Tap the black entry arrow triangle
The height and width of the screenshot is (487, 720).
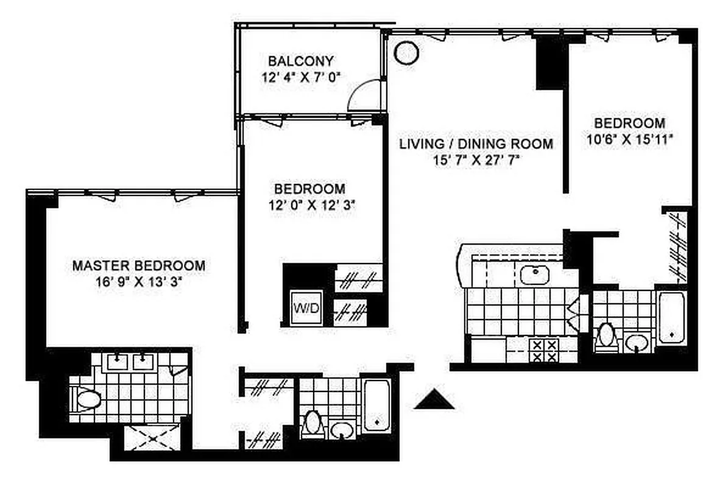pyautogui.click(x=434, y=400)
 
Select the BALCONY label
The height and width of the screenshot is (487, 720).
pyautogui.click(x=301, y=61)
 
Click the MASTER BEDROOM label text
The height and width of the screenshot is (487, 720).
pyautogui.click(x=139, y=266)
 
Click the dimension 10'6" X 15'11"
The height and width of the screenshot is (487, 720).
pyautogui.click(x=629, y=138)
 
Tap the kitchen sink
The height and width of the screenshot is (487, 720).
pyautogui.click(x=537, y=275)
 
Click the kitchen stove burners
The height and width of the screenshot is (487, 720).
pyautogui.click(x=544, y=351)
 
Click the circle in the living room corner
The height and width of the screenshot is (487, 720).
pyautogui.click(x=406, y=52)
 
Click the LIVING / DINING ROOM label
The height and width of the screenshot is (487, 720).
pyautogui.click(x=476, y=144)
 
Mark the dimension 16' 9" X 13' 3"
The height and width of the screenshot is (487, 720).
pyautogui.click(x=139, y=282)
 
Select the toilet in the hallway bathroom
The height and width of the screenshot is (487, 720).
pyautogui.click(x=312, y=422)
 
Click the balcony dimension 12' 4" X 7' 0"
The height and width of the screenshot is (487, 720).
pyautogui.click(x=301, y=77)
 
